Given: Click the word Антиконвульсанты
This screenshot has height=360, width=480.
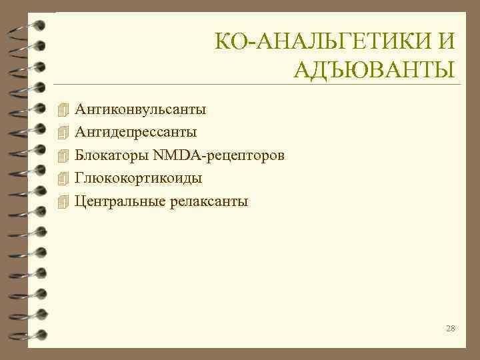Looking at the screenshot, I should (141, 108).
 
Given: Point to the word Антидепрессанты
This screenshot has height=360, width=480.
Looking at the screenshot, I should (136, 131).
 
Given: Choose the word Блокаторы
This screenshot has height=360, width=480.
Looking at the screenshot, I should (111, 155).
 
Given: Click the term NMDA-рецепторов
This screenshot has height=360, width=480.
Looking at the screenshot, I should (219, 155).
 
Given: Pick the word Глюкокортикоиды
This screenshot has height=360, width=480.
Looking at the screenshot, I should (139, 178).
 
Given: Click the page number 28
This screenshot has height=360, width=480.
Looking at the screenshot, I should (450, 328).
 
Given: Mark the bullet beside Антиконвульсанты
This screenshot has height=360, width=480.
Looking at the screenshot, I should (63, 109).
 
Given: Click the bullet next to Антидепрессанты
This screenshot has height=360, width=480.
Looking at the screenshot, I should (63, 132).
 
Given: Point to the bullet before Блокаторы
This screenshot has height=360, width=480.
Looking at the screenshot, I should (63, 155).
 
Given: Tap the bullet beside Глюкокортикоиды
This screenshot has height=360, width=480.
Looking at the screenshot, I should (63, 178).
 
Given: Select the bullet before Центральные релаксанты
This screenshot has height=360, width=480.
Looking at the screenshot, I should (63, 201).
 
